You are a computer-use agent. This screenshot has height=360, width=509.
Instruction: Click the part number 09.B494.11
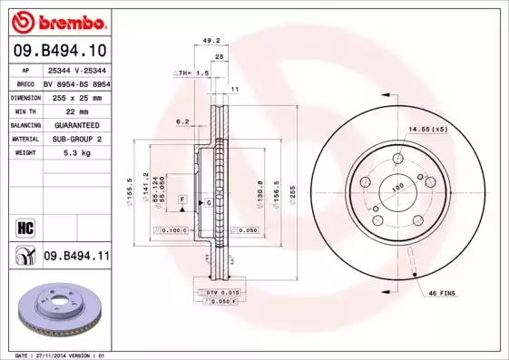(x=76, y=257)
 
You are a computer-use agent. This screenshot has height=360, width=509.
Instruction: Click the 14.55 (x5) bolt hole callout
(x=426, y=129)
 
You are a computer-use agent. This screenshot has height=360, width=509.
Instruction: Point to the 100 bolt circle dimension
(x=396, y=189)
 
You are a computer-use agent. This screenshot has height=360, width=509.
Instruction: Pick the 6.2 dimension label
(x=182, y=121)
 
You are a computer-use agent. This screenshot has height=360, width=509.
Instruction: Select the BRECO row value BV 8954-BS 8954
(x=76, y=82)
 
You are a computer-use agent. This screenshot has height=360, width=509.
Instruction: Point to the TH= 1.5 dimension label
(x=192, y=72)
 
